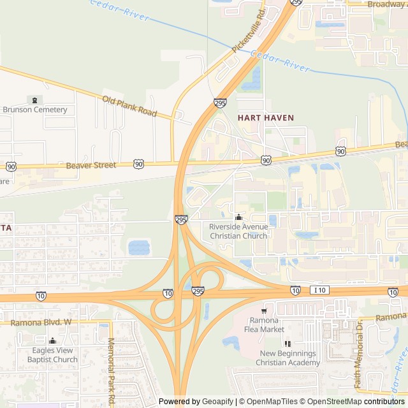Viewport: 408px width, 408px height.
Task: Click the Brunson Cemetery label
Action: tap(35, 110)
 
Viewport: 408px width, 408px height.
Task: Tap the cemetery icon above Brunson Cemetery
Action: tap(34, 100)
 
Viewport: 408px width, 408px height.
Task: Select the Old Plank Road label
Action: tap(129, 106)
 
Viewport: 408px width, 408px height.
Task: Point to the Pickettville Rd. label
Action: tap(249, 30)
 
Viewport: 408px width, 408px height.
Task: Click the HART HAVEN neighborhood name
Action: tap(266, 118)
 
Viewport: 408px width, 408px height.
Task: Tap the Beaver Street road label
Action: tap(91, 166)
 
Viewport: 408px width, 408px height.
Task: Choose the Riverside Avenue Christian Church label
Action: tap(238, 231)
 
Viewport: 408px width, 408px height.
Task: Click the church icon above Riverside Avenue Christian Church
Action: tap(238, 217)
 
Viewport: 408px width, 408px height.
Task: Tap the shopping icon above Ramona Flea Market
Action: tap(263, 310)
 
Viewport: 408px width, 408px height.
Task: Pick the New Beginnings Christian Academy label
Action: tap(288, 358)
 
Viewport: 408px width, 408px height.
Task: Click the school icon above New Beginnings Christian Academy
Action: tap(288, 344)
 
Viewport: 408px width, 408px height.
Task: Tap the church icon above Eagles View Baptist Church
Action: tap(53, 340)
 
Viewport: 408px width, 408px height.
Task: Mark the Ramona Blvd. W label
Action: tap(45, 323)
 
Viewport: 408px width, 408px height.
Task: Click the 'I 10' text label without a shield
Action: tap(319, 291)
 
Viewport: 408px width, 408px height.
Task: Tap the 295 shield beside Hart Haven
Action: tap(220, 103)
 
